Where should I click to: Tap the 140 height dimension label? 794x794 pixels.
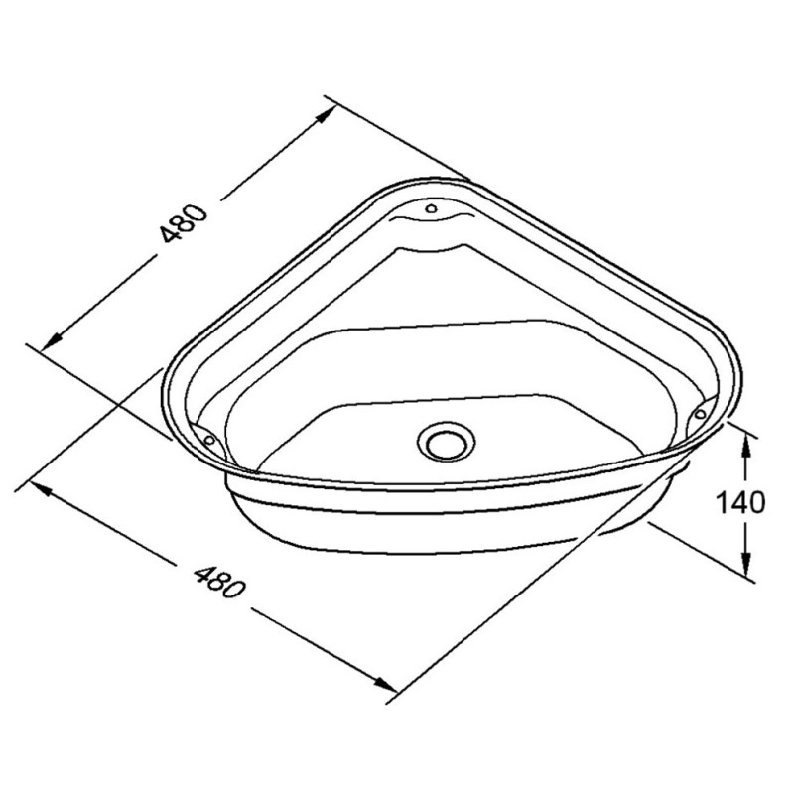tap(741, 503)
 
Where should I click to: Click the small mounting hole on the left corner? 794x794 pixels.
tap(208, 437)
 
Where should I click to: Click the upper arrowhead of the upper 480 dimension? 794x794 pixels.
tap(326, 112)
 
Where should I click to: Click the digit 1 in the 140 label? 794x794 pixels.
tap(724, 503)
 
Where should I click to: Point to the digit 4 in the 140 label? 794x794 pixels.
tap(739, 503)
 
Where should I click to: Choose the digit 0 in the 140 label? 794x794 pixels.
tap(756, 503)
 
